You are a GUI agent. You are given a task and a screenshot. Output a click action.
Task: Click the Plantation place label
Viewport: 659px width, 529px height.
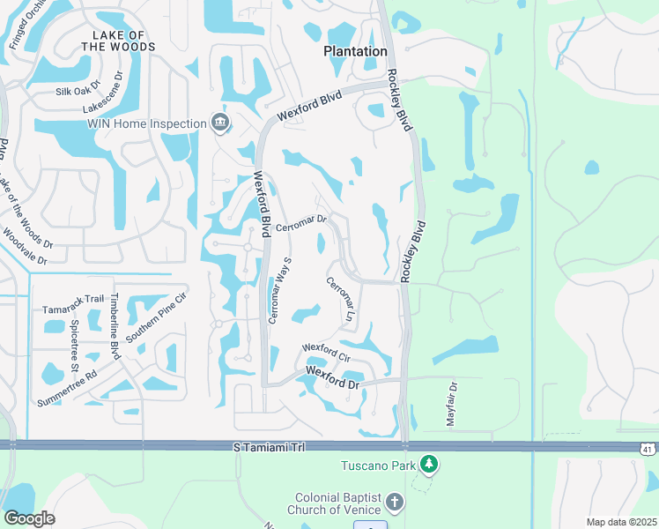[355, 51]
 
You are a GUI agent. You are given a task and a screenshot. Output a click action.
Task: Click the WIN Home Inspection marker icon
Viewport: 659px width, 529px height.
[220, 123]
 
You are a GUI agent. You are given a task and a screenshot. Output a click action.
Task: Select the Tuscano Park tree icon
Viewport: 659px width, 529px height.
[428, 464]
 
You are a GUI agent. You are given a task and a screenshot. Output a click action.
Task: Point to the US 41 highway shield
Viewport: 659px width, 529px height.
[648, 449]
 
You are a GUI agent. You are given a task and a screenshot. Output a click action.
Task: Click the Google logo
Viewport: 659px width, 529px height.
[29, 518]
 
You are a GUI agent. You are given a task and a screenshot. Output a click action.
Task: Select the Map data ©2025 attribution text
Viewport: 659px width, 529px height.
[620, 522]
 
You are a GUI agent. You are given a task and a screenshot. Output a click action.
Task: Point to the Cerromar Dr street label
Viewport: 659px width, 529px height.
[301, 224]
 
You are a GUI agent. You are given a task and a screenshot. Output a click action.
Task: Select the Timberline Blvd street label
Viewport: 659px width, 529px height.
[115, 327]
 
